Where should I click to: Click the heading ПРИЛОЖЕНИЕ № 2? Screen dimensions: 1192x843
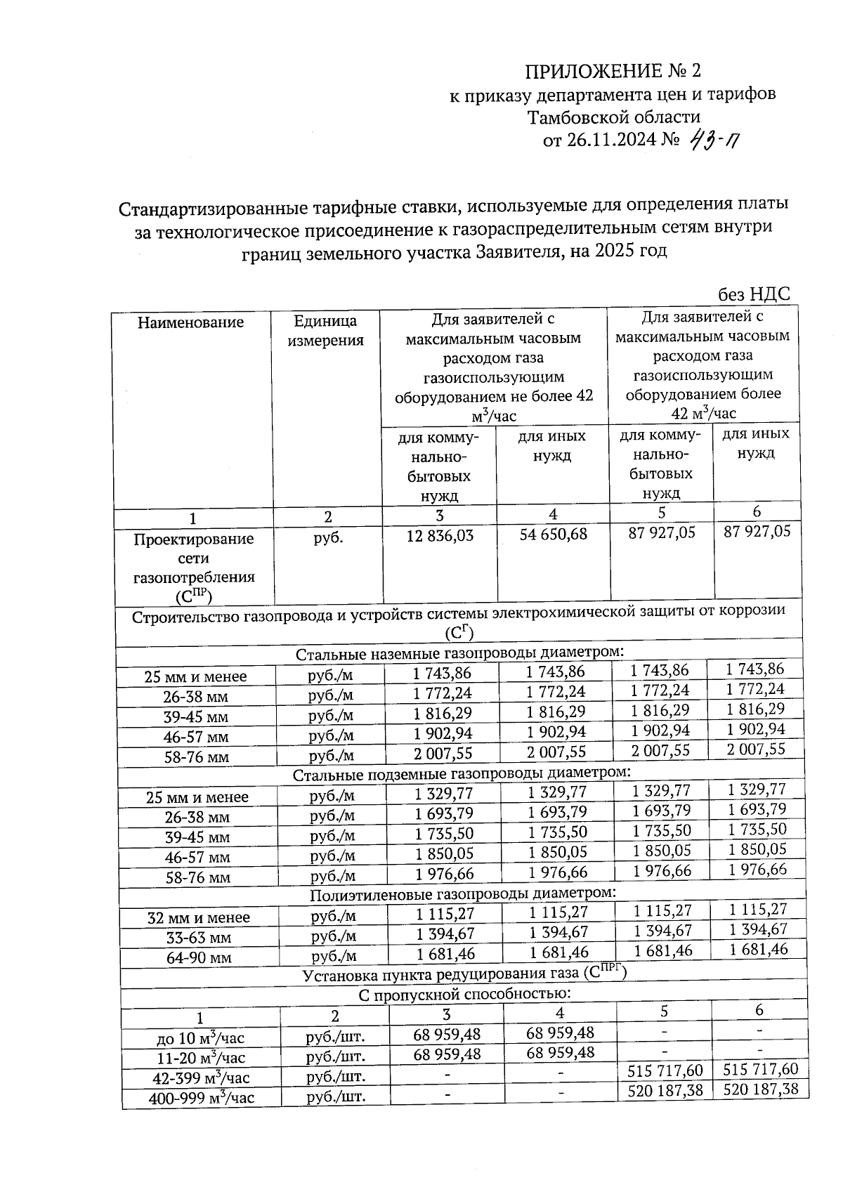pyautogui.click(x=613, y=71)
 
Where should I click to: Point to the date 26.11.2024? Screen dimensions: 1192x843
pyautogui.click(x=611, y=140)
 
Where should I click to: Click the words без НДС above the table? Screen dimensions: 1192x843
pyautogui.click(x=754, y=294)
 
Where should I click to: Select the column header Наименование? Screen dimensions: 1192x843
pyautogui.click(x=190, y=322)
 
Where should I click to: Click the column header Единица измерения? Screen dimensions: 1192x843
pyautogui.click(x=325, y=331)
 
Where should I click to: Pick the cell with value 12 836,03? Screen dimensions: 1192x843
pyautogui.click(x=440, y=535)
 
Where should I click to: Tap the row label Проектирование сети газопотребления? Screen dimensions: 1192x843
pyautogui.click(x=194, y=567)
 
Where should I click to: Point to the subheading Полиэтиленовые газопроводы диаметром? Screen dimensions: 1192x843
pyautogui.click(x=463, y=893)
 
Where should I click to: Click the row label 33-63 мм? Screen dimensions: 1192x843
pyautogui.click(x=199, y=938)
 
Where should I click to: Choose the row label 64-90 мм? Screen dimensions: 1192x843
pyautogui.click(x=199, y=957)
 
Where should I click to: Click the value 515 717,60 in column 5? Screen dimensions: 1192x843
pyautogui.click(x=663, y=1070)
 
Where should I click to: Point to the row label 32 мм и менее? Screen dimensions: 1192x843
pyautogui.click(x=199, y=917)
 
